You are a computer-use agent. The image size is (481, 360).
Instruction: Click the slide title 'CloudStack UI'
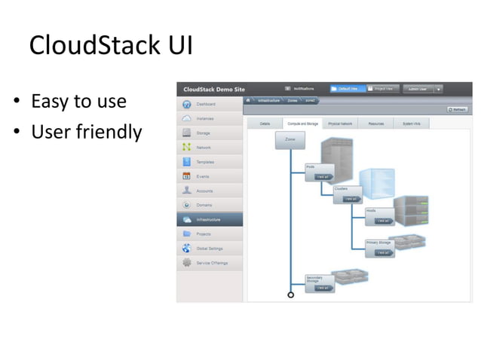(111, 45)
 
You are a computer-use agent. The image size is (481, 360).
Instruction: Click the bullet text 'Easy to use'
(78, 101)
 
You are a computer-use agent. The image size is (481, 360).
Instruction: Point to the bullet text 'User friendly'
(86, 133)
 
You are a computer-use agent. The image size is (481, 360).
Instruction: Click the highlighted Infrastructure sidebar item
(209, 220)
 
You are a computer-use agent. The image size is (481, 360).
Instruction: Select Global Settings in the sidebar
(209, 249)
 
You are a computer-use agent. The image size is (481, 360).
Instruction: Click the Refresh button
(458, 110)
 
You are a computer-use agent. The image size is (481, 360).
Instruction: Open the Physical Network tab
(340, 123)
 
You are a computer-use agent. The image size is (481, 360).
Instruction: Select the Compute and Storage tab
(302, 123)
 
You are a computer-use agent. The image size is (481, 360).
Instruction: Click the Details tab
(265, 123)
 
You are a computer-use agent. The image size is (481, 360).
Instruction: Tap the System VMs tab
(412, 123)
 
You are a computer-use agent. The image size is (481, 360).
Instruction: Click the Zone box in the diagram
(290, 141)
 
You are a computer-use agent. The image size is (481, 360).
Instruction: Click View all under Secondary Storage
(322, 288)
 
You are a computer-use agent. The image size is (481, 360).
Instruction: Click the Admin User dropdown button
(422, 88)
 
